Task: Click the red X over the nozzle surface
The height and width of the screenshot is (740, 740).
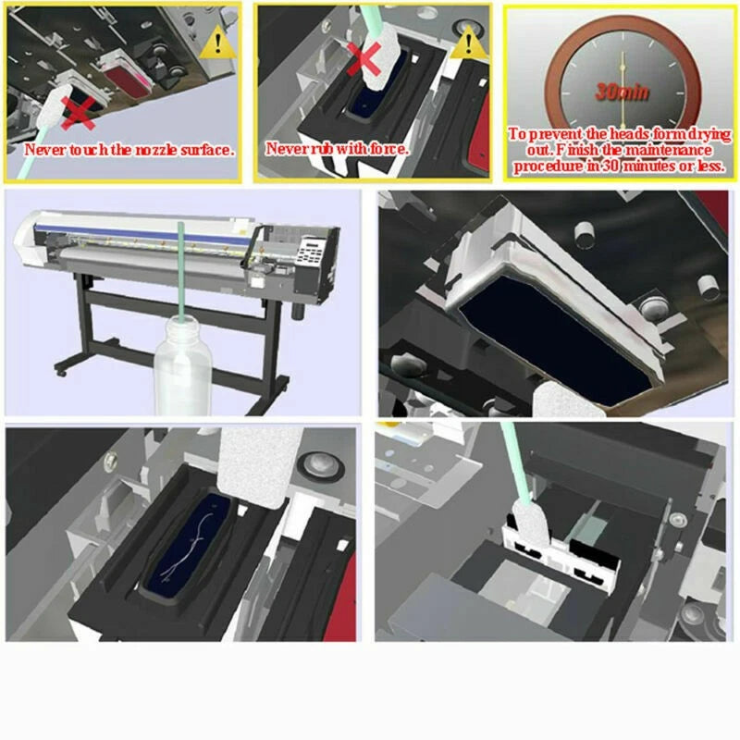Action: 78,113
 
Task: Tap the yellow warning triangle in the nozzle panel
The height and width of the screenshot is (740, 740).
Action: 217,43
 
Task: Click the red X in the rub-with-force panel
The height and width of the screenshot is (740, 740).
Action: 364,57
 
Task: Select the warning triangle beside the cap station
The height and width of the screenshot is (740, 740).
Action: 468,42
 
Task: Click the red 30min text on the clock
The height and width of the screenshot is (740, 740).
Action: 622,91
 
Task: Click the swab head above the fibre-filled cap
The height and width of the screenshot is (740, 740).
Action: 259,467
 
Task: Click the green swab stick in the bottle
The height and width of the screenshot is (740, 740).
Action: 180,271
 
